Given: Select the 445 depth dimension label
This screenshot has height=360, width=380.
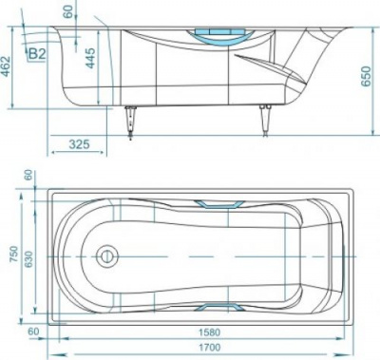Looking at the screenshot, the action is [90, 58].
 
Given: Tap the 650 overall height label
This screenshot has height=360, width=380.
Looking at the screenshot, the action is [366, 76].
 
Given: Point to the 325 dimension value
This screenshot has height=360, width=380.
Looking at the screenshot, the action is [80, 144].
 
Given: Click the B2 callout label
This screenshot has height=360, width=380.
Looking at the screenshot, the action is [37, 54].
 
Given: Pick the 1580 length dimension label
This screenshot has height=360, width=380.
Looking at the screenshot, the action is [209, 332].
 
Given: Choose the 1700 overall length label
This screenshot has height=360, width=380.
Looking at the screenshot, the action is [209, 348].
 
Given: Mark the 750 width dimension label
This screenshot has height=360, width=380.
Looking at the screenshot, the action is [14, 254].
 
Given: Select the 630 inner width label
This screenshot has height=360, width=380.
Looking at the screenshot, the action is [28, 259].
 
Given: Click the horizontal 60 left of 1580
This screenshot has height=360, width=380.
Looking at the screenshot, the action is [33, 332].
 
